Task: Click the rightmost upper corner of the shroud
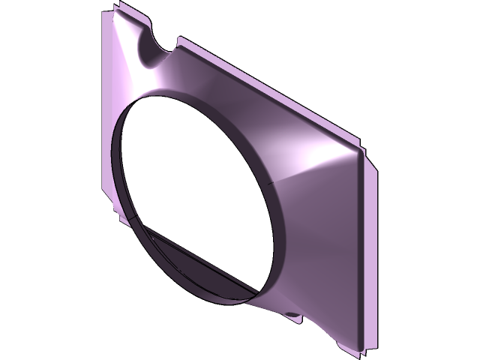click(363, 149)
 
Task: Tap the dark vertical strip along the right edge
click(361, 247)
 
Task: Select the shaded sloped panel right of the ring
click(315, 247)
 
